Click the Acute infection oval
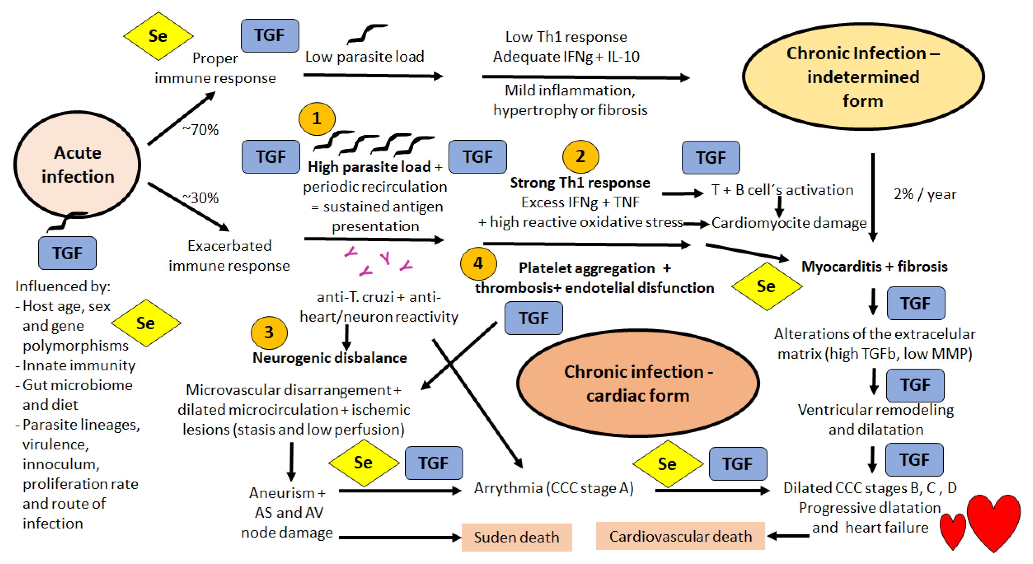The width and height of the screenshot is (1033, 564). pos(77,165)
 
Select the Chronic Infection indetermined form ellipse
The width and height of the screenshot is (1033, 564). pos(863,76)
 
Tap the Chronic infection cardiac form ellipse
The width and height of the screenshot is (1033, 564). pos(638,383)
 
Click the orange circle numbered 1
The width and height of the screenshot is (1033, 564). pos(317,119)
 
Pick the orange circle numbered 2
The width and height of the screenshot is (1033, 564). pos(580,157)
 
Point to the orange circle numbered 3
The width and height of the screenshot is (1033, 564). pos(269,332)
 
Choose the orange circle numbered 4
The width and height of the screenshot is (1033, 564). pos(478,264)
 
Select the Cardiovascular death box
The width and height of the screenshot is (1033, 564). pos(680,536)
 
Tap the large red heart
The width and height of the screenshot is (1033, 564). pos(994,521)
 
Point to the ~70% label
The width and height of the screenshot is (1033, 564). pos(200,130)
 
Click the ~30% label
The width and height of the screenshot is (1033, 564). pos(200,198)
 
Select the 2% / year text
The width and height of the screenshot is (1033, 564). pos(925,194)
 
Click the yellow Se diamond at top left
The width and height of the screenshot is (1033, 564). pos(158,36)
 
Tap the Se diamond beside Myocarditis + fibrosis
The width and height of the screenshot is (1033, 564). pos(766,286)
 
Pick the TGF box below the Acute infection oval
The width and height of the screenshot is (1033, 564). pos(67,253)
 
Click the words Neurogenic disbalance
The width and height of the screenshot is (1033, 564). pos(330,358)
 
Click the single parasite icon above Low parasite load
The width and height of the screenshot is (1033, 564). pos(367,34)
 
